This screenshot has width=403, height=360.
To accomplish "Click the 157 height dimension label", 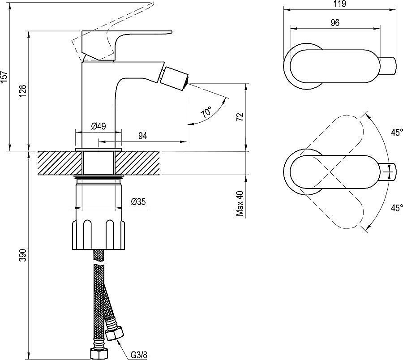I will click(x=5, y=76).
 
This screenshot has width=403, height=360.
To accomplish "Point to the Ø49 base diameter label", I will click(x=99, y=126).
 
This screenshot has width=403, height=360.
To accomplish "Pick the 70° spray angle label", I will click(x=206, y=112).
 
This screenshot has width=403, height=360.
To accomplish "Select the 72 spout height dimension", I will click(x=240, y=117).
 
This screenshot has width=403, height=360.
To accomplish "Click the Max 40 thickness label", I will click(x=240, y=204).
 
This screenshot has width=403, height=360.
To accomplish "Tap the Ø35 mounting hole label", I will click(x=138, y=202).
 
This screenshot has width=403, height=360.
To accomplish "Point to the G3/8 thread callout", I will click(x=139, y=355).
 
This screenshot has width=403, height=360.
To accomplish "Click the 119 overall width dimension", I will click(x=339, y=4).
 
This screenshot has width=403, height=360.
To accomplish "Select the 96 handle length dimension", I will click(x=335, y=22).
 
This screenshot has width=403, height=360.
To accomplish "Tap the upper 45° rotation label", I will click(x=396, y=133).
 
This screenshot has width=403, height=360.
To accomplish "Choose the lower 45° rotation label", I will click(x=396, y=208).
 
